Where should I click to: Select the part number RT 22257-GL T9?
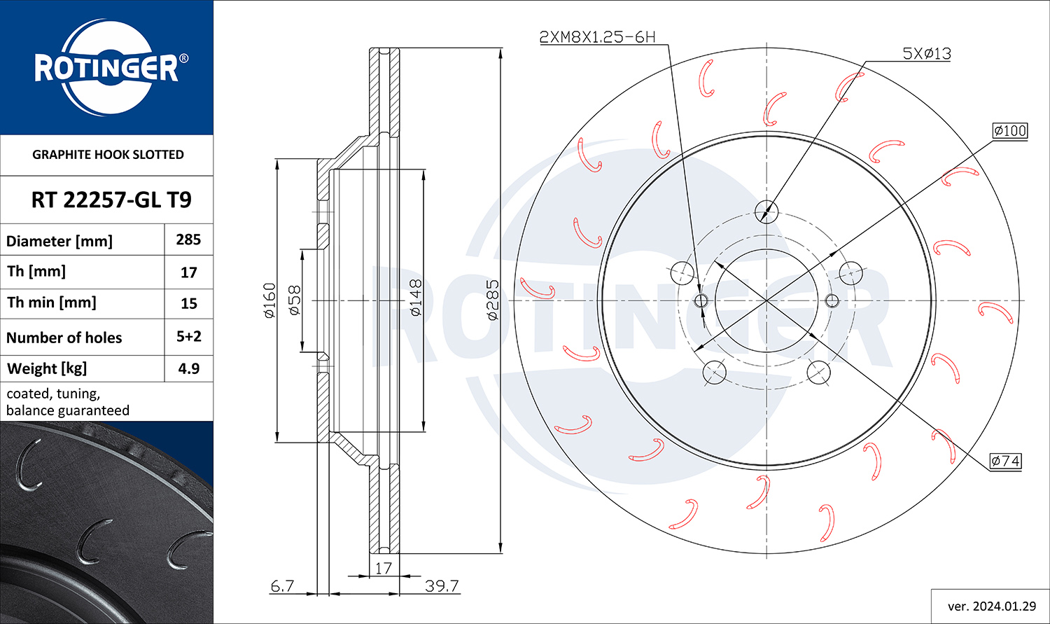coord(111,200)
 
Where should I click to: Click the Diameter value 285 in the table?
coord(188,240)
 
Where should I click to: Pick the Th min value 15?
coord(189,303)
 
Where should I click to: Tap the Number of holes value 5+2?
coord(189,336)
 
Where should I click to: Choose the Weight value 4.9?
coord(189,368)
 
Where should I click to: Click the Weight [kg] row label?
coord(47,368)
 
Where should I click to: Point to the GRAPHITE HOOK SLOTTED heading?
coord(108,154)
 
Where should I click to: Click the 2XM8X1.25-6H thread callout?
coord(597,36)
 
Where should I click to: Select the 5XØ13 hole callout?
coord(927,53)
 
